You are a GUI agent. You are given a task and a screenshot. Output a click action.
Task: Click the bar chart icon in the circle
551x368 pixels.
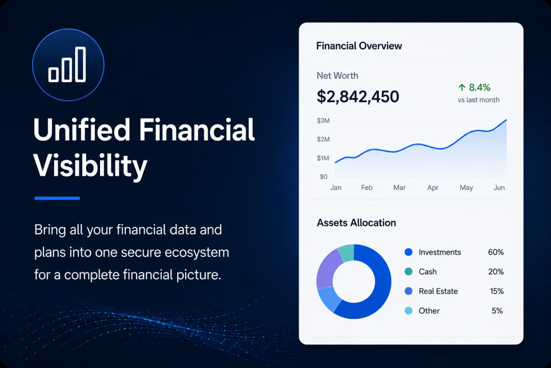click(67, 64)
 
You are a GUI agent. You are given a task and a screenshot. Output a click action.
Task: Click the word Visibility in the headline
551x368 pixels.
click(90, 165)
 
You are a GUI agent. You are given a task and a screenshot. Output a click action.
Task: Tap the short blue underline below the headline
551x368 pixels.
click(57, 198)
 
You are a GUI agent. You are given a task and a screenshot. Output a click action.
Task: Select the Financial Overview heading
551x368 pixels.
click(359, 46)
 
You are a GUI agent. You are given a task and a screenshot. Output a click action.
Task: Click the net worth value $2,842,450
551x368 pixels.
click(358, 97)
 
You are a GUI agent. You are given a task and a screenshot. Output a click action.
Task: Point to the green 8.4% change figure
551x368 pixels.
click(479, 87)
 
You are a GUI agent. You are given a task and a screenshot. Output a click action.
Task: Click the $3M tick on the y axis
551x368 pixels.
click(323, 121)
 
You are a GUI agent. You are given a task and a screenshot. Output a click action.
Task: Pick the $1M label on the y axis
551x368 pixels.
click(323, 158)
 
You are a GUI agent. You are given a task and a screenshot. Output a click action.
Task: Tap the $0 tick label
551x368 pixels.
click(323, 177)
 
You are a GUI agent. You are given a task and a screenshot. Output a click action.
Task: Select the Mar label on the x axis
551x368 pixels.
click(399, 188)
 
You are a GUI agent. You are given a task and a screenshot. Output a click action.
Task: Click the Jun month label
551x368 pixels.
click(499, 188)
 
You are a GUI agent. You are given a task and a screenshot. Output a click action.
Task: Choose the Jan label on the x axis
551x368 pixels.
click(336, 188)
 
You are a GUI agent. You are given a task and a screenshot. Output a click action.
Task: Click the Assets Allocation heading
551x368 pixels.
click(356, 223)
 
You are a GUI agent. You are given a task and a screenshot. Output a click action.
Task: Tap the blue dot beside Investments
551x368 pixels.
click(408, 252)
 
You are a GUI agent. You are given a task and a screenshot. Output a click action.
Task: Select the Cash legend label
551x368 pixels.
click(427, 271)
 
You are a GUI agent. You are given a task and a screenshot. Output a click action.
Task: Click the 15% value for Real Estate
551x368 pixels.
click(497, 291)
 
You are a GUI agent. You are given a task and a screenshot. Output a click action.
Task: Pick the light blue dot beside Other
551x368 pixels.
click(408, 310)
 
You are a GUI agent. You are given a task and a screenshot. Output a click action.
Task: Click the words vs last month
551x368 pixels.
click(478, 100)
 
